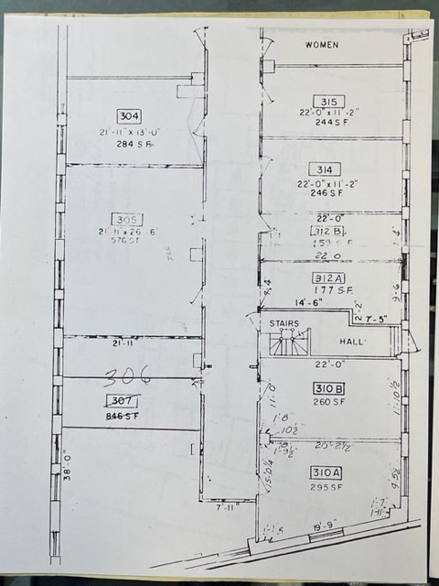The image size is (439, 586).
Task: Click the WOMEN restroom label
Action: (322, 44)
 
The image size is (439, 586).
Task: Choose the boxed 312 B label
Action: (327, 232)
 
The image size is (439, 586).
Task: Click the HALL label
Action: (352, 342)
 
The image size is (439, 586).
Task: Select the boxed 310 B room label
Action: (327, 388)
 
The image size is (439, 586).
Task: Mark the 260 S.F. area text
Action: (327, 401)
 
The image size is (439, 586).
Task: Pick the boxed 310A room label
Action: (327, 473)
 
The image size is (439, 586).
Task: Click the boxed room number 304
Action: (130, 115)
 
